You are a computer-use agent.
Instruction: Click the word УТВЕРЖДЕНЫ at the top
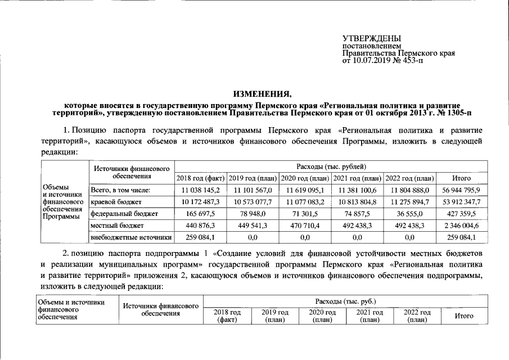coord(370,37)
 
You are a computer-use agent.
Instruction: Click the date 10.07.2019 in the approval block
coord(370,60)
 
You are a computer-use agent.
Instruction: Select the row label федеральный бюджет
coord(119,214)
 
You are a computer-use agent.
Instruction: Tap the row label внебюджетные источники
coord(130,238)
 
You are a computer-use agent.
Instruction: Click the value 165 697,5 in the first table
coord(200,214)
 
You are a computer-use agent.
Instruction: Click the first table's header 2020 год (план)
coord(305,178)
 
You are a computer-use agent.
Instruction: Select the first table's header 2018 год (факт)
coord(200,178)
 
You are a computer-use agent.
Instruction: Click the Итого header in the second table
coord(463,316)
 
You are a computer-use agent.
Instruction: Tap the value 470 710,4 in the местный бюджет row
coord(305,226)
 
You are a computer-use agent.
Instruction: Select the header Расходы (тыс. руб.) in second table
coord(345,301)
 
